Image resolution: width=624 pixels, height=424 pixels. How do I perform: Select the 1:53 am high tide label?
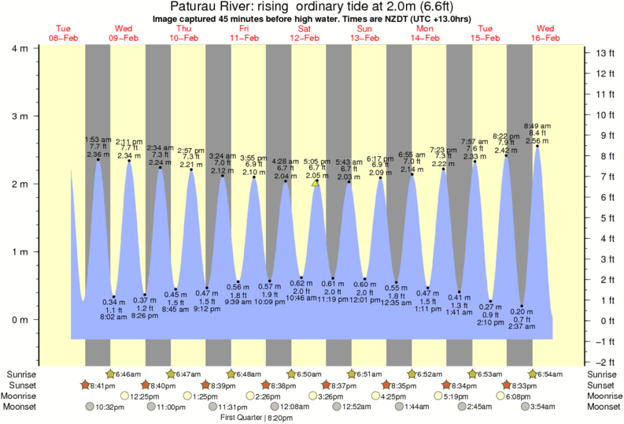[x=98, y=140]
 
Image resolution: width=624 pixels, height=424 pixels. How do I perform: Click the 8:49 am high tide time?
[x=537, y=126]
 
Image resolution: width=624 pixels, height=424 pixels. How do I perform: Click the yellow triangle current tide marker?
[x=316, y=183]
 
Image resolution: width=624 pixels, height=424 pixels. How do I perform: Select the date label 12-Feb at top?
[x=305, y=39]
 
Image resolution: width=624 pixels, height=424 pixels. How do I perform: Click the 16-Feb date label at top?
[x=545, y=39]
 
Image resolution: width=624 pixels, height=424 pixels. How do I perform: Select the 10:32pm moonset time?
[x=110, y=407]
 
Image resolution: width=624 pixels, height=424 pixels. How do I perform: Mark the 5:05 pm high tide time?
[x=317, y=161]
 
